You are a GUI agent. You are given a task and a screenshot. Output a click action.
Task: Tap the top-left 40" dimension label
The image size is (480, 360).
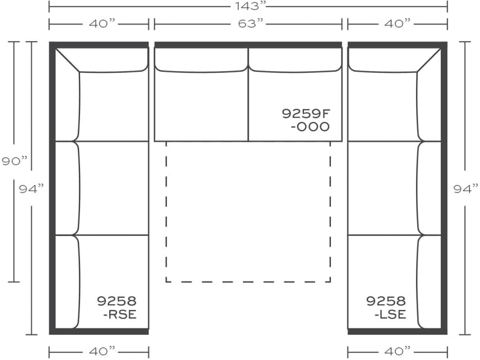[x=99, y=23]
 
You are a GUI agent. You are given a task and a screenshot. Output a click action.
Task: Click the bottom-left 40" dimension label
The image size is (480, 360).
[x=99, y=351]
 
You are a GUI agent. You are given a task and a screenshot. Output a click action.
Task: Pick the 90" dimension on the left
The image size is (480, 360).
[x=14, y=162]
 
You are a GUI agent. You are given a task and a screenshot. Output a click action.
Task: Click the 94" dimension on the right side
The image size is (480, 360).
[x=465, y=188]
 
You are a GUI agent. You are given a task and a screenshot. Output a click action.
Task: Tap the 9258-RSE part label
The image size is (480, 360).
[x=117, y=307]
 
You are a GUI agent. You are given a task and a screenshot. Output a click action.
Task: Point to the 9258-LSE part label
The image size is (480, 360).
[x=386, y=307]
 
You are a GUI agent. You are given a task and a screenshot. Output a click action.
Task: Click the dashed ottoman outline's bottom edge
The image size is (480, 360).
[x=248, y=282]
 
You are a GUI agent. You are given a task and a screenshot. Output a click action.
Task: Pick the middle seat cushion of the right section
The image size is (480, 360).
[x=382, y=187]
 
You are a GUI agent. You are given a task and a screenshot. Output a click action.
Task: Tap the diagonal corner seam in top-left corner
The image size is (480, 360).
[x=67, y=60]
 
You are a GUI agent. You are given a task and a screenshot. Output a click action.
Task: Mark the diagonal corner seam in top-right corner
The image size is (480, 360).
[x=429, y=60]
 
